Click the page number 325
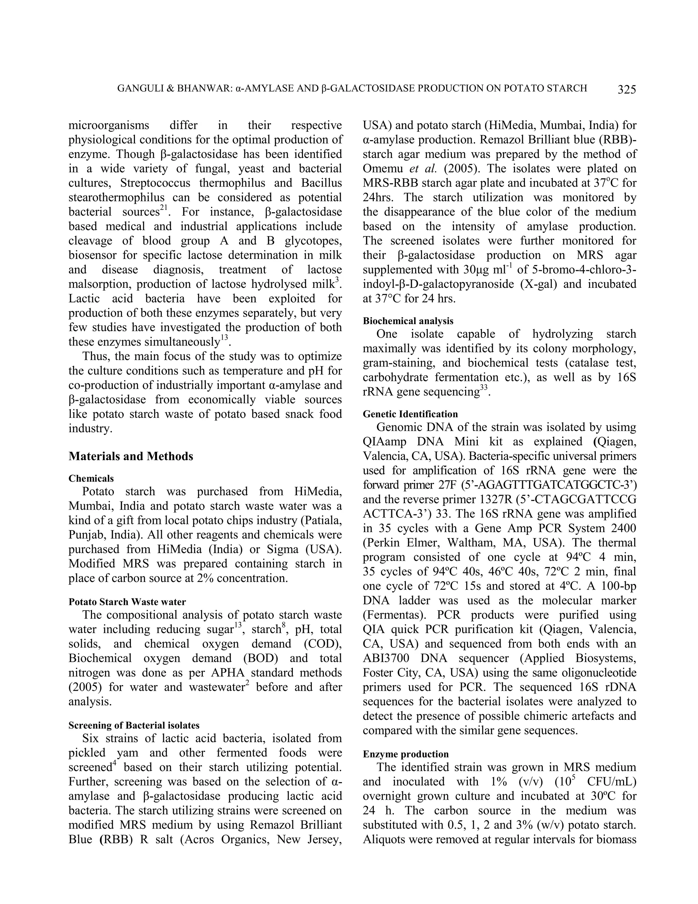pos(626,89)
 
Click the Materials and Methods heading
pos(131,456)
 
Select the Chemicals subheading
pos(91,479)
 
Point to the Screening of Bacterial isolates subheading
pos(134,725)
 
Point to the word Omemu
pos(383,169)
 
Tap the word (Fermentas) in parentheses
pos(390,615)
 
